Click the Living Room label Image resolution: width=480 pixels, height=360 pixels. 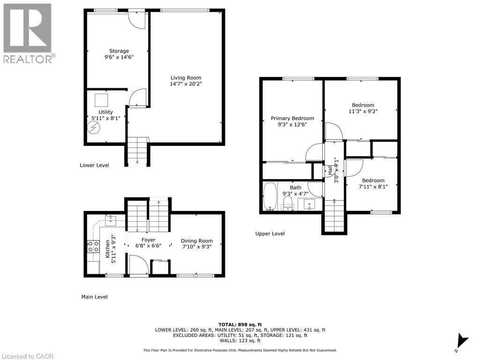(186, 78)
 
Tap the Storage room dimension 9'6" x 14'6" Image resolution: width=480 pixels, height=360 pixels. (119, 58)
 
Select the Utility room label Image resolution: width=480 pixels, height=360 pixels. (105, 112)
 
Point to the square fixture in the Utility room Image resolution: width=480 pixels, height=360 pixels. (101, 100)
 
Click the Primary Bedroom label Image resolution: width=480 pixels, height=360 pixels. (292, 118)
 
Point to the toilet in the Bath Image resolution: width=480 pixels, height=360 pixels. (287, 202)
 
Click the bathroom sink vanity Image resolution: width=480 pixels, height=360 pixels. (309, 204)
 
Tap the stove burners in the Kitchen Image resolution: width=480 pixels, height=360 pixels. (93, 247)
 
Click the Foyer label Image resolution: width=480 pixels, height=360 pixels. (148, 240)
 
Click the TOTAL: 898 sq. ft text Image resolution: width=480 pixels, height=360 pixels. (240, 324)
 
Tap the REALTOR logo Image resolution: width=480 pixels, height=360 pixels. (28, 33)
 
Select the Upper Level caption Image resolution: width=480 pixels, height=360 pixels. (270, 233)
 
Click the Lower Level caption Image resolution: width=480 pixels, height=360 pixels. (94, 165)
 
